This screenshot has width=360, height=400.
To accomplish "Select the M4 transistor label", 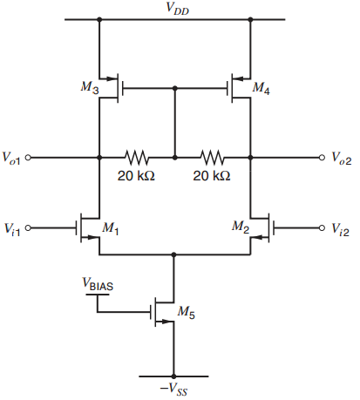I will (x=262, y=88).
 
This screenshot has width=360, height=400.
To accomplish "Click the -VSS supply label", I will (x=173, y=390).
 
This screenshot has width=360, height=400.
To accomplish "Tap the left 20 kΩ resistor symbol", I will (x=138, y=158).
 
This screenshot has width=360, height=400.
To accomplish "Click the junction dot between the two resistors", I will (x=175, y=158).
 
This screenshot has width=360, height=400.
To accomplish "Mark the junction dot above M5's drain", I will (x=175, y=255).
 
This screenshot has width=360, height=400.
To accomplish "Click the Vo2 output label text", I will (x=339, y=158).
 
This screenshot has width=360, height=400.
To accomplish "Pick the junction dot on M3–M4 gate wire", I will (x=175, y=87).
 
